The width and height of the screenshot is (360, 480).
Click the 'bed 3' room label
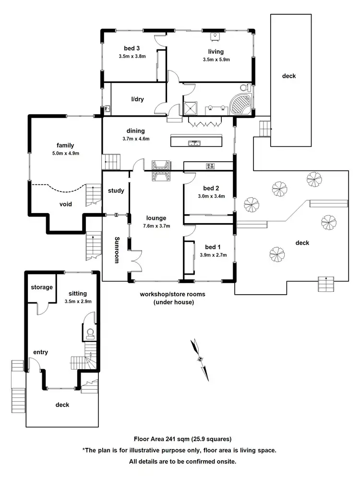tap(132, 48)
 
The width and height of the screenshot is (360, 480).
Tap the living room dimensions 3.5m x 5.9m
tap(216, 60)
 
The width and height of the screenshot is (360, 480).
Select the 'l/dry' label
tap(138, 99)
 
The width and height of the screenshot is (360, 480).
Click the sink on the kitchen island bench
tap(194, 142)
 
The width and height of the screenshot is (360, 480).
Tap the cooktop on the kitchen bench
tap(210, 166)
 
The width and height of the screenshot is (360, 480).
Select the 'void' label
tap(66, 204)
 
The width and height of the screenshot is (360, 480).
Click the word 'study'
tap(116, 191)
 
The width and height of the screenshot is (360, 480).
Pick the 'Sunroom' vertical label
tap(116, 250)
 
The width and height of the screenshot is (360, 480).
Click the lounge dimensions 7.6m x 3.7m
tap(156, 225)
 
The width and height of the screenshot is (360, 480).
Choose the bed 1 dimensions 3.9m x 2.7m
tap(213, 255)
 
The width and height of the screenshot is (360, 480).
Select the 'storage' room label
tap(42, 287)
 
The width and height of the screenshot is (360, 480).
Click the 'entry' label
tap(41, 352)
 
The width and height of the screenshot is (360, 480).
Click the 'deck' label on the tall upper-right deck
tap(289, 76)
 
